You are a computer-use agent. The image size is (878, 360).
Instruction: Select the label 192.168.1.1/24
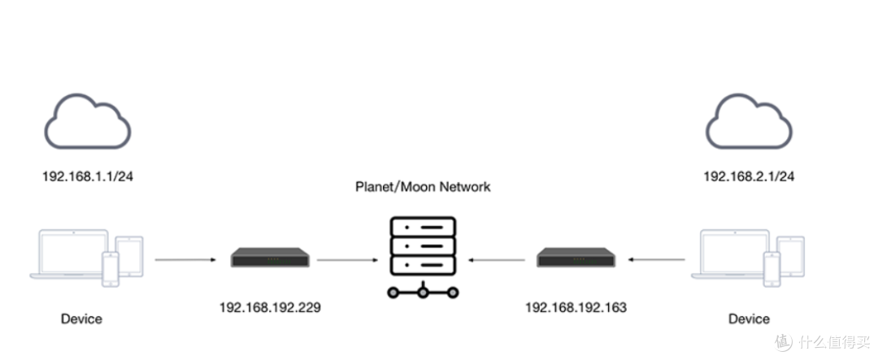(88, 176)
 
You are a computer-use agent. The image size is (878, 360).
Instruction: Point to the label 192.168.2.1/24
(748, 176)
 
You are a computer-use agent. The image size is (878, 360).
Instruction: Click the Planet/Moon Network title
(423, 187)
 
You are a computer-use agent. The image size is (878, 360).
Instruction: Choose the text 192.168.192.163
(576, 308)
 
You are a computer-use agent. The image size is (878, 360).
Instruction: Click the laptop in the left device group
(68, 254)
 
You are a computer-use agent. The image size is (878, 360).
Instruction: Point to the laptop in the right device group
(729, 254)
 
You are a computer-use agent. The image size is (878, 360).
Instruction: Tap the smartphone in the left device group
(110, 269)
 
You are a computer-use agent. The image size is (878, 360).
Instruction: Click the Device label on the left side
(81, 319)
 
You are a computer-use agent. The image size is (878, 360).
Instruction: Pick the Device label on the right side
(749, 319)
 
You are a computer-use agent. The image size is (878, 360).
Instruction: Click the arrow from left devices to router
(185, 261)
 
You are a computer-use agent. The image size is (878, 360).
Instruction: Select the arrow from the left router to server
(346, 261)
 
